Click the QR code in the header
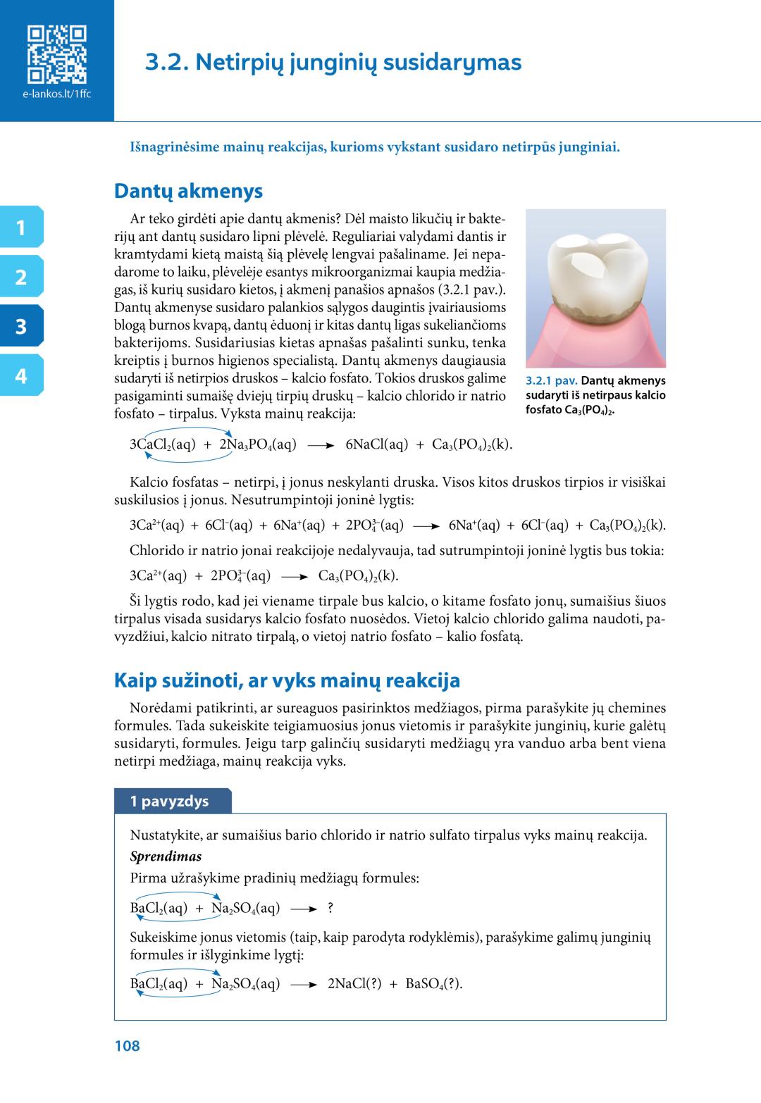point(56,54)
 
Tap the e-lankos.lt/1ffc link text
point(56,94)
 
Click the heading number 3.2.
point(166,63)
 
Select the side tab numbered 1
point(21,228)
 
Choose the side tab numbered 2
point(21,278)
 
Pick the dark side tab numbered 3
point(21,327)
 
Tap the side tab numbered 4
point(21,376)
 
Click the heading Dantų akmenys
point(188,191)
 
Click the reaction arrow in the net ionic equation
point(295,577)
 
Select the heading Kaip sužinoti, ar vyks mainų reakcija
point(287,680)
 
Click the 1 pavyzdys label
point(169,802)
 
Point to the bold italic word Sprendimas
point(166,856)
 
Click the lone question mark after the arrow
point(330,909)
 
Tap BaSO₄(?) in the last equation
point(434,984)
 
